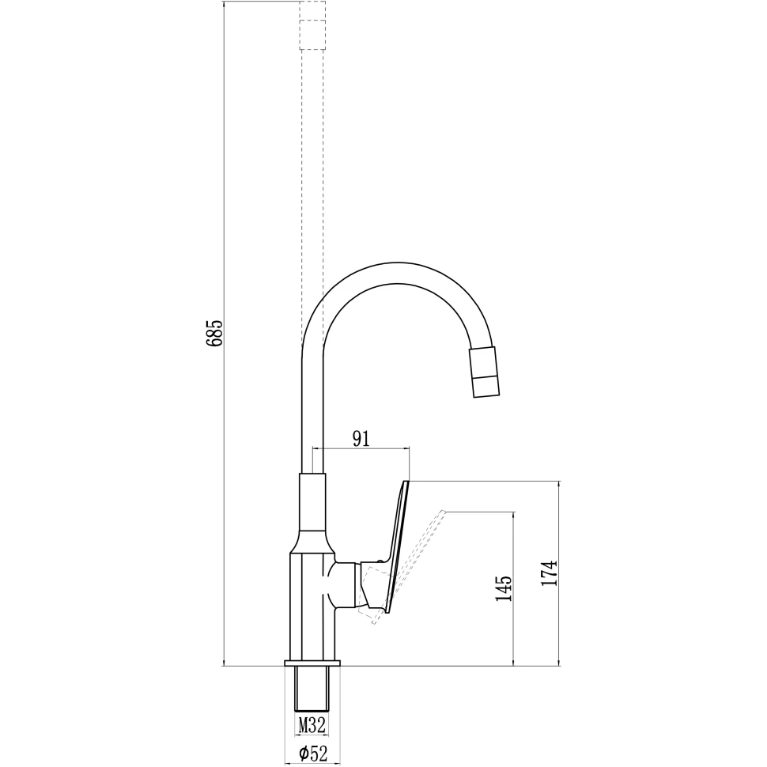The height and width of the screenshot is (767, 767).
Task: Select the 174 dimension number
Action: (x=550, y=572)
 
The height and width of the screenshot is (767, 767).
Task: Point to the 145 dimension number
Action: (x=504, y=588)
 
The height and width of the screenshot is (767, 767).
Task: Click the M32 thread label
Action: (x=312, y=723)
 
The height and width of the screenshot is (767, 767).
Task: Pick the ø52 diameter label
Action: (x=313, y=754)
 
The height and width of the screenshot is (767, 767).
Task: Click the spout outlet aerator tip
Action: (x=485, y=372)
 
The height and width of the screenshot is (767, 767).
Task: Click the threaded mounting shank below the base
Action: (x=312, y=688)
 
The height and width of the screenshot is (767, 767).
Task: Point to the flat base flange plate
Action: (x=312, y=662)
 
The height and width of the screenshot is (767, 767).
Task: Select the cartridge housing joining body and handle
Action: (x=346, y=585)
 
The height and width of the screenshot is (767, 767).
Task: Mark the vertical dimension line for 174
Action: (x=560, y=617)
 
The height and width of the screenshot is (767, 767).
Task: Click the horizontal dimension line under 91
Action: (x=361, y=449)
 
